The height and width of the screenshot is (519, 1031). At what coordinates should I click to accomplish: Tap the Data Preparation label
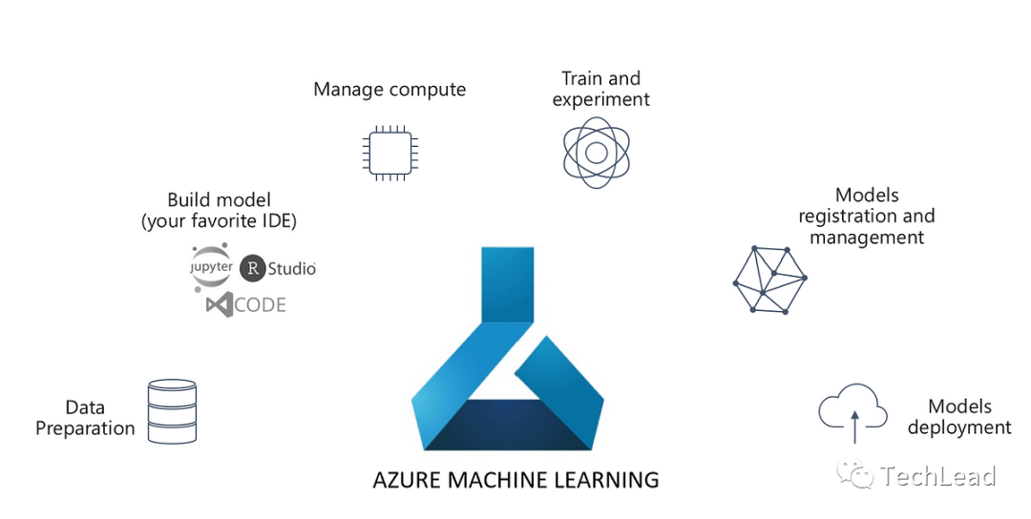pyautogui.click(x=85, y=418)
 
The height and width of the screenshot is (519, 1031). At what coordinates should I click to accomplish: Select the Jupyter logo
pyautogui.click(x=211, y=268)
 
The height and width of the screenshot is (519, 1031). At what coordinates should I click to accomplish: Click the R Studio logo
pyautogui.click(x=277, y=269)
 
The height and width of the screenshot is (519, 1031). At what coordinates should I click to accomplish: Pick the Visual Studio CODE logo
pyautogui.click(x=245, y=305)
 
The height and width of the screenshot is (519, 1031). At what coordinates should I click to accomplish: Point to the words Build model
pyautogui.click(x=219, y=199)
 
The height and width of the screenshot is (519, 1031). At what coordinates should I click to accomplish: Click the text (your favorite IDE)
pyautogui.click(x=219, y=221)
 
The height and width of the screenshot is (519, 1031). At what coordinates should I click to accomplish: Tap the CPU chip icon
pyautogui.click(x=389, y=153)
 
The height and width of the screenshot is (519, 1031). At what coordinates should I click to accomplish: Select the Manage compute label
pyautogui.click(x=389, y=90)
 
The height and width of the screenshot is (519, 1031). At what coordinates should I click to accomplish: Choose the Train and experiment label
pyautogui.click(x=600, y=89)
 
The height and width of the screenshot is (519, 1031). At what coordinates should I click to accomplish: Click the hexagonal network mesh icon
pyautogui.click(x=769, y=279)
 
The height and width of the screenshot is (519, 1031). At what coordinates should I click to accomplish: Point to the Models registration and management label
pyautogui.click(x=867, y=217)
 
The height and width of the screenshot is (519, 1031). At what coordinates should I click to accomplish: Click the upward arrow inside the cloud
pyautogui.click(x=854, y=426)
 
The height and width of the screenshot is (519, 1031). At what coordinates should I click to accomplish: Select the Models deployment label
pyautogui.click(x=959, y=418)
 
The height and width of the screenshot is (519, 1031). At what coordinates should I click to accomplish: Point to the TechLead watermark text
pyautogui.click(x=938, y=476)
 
